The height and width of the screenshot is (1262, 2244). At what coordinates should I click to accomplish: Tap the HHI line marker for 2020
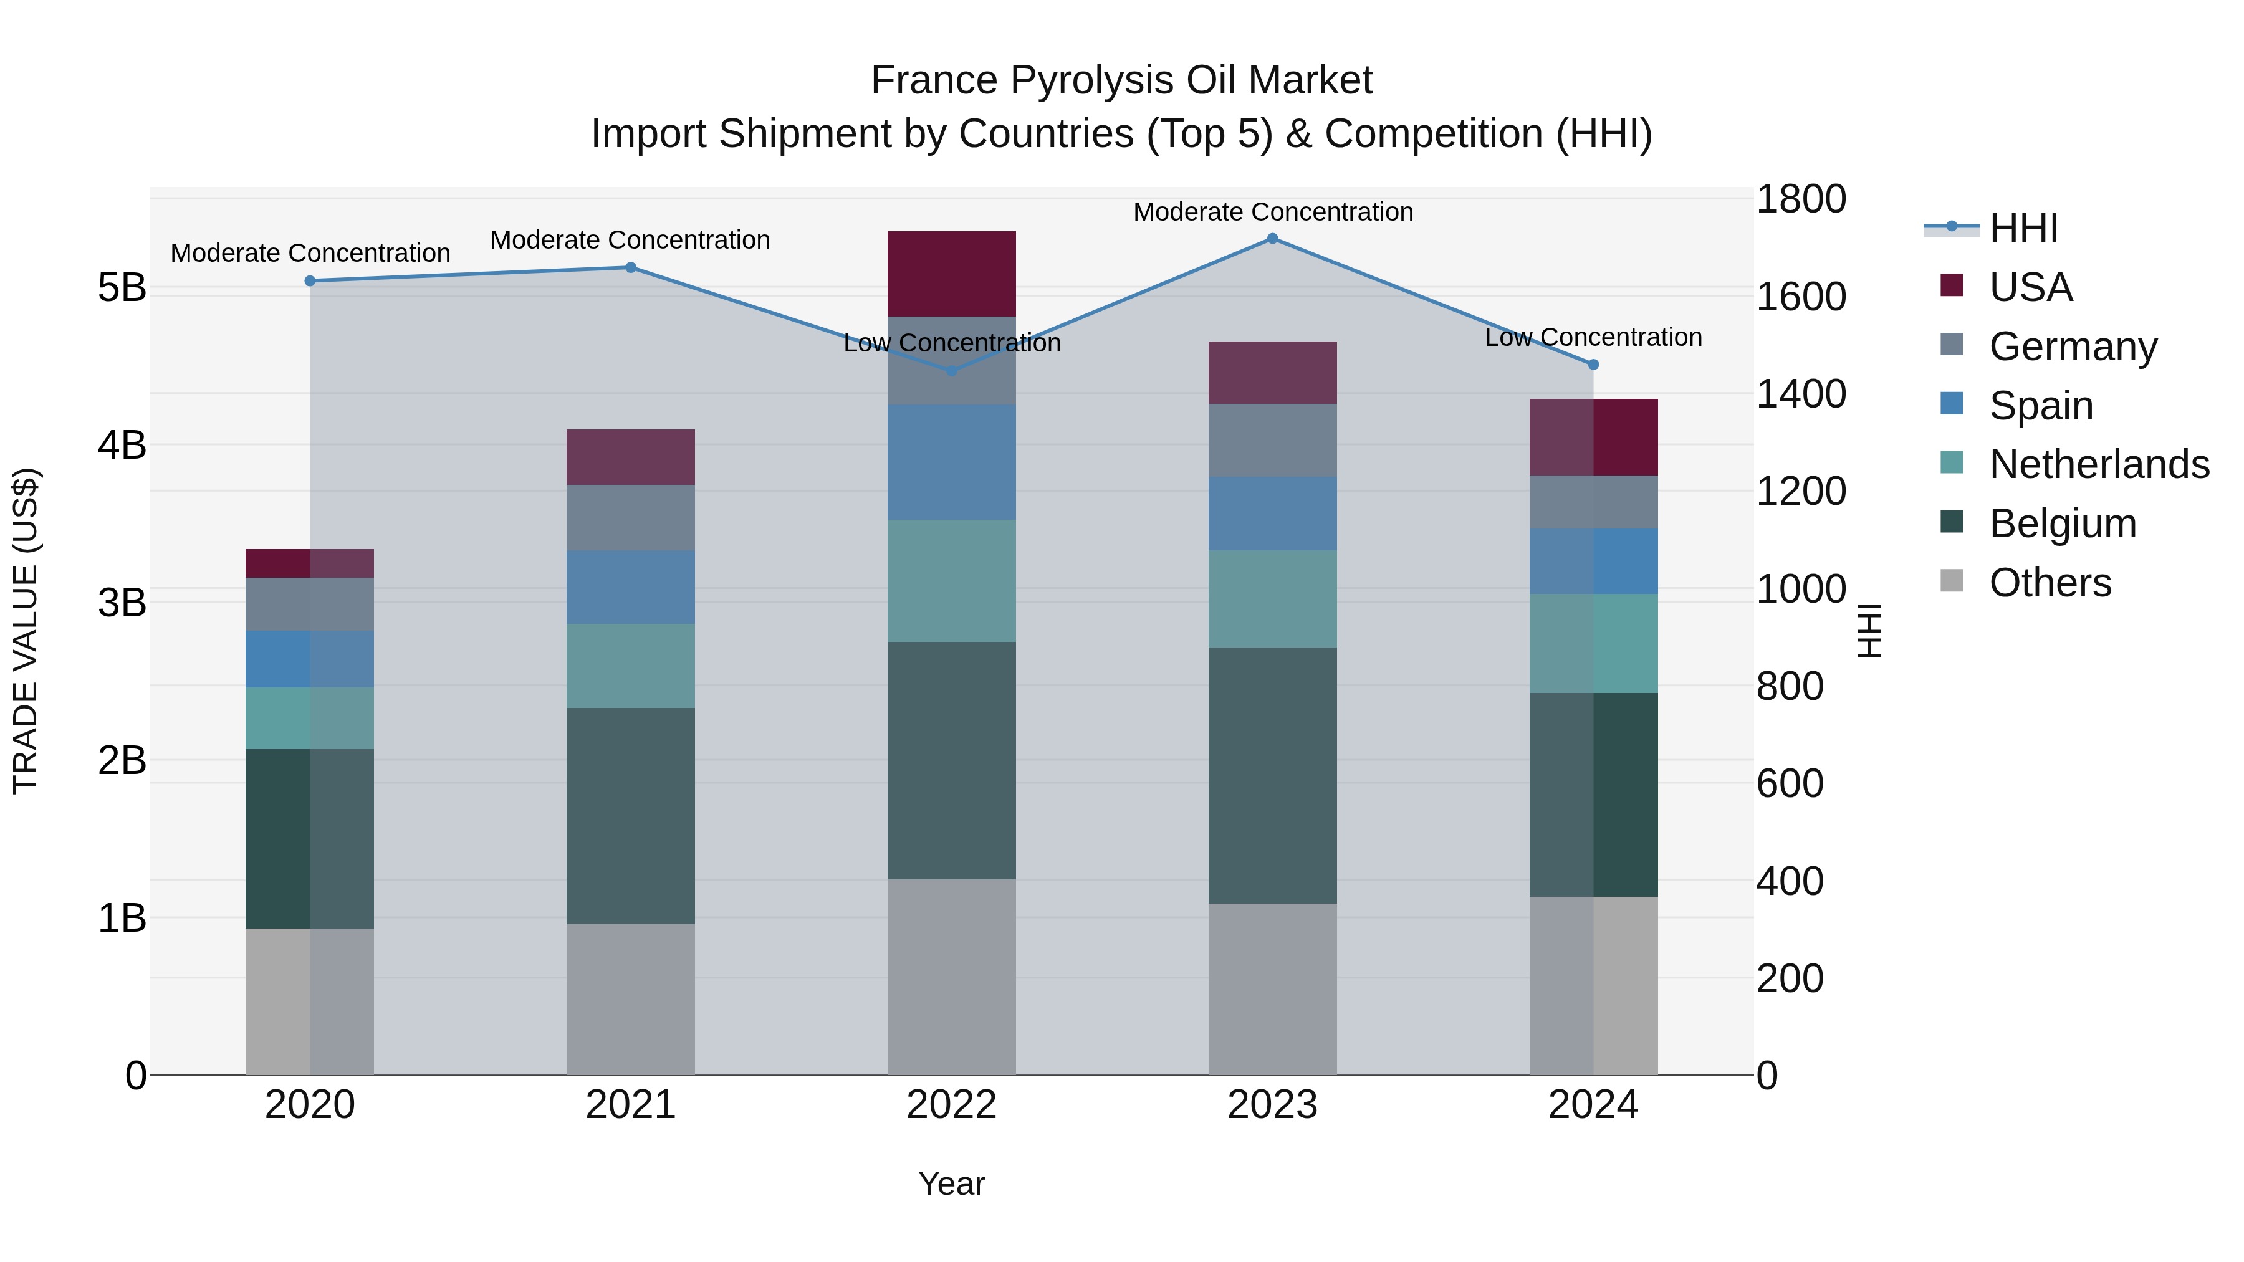(x=310, y=280)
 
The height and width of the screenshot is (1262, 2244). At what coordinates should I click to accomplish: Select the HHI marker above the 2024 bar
(x=1593, y=365)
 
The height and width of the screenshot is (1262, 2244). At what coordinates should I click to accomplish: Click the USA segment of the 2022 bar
(x=951, y=274)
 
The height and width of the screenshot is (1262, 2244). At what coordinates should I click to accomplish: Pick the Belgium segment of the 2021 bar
(x=631, y=815)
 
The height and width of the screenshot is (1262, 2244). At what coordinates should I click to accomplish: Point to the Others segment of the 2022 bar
(x=951, y=977)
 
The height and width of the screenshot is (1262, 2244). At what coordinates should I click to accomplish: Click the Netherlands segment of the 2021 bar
(x=631, y=666)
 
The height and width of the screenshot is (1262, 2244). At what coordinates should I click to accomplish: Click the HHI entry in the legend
(x=2023, y=228)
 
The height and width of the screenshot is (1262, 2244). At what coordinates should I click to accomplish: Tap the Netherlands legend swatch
(x=1952, y=463)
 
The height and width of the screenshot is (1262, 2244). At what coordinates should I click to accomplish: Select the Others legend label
(x=2051, y=583)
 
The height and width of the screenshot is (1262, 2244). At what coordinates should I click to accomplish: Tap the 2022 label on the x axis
(x=951, y=1105)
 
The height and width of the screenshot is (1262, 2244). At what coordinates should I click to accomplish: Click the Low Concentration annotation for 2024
(x=1593, y=337)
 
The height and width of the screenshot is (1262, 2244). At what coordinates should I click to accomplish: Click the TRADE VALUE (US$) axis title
(x=26, y=631)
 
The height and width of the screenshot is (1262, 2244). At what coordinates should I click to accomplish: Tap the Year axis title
(x=951, y=1183)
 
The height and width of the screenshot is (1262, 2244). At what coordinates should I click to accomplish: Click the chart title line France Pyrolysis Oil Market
(x=1121, y=80)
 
